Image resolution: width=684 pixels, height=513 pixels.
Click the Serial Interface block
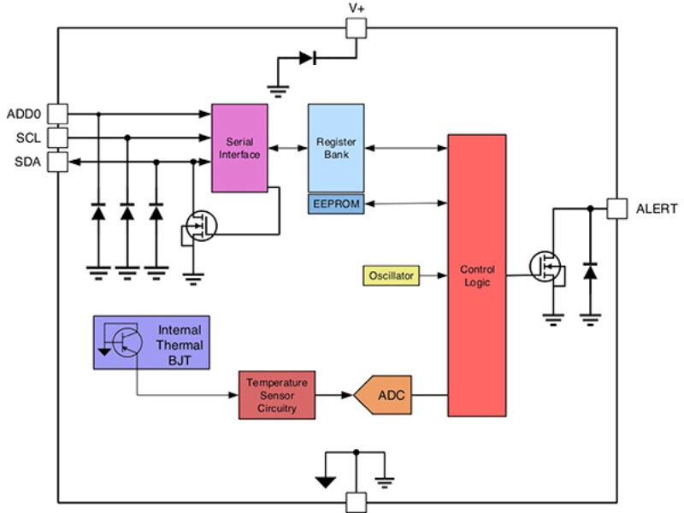click(x=239, y=148)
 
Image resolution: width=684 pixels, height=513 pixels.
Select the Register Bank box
click(x=336, y=148)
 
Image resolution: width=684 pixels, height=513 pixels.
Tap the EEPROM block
click(x=336, y=203)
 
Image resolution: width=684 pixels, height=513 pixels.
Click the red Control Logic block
click(x=476, y=275)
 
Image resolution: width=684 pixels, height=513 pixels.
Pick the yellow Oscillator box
click(x=392, y=275)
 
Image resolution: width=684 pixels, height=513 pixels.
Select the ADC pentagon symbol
click(x=382, y=395)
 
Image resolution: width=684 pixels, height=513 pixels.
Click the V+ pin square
click(x=356, y=28)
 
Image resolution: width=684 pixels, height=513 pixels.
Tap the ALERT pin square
click(x=617, y=208)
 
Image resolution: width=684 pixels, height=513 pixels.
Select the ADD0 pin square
click(x=56, y=113)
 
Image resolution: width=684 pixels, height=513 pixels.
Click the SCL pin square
click(x=56, y=137)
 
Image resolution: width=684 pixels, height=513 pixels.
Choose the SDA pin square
click(x=56, y=161)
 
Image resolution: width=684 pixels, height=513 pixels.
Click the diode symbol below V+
click(x=309, y=58)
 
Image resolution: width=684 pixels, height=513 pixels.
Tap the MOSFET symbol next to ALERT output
click(x=544, y=267)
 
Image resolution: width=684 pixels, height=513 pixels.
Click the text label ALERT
click(x=657, y=209)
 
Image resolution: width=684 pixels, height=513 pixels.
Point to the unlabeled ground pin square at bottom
click(x=356, y=501)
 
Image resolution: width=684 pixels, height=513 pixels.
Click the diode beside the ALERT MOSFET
click(x=589, y=271)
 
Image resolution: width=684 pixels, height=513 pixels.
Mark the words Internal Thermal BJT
click(x=180, y=345)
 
